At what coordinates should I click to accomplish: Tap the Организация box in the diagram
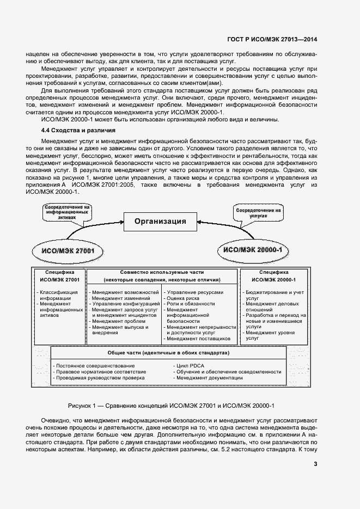(160, 221)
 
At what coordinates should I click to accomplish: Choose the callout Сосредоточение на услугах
(259, 212)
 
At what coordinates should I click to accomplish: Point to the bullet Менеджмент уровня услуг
(270, 335)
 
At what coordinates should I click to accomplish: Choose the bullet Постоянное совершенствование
(95, 366)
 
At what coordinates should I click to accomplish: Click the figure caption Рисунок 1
(171, 406)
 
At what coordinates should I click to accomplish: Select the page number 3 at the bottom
(315, 464)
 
